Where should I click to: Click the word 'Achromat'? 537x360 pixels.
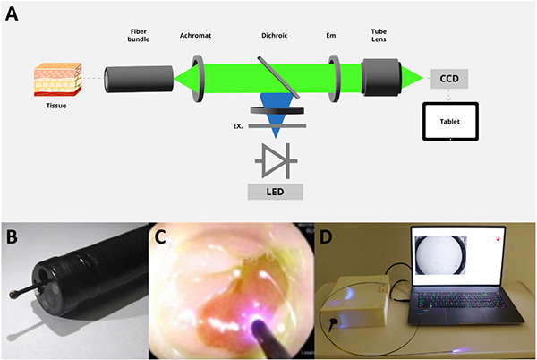[197, 39]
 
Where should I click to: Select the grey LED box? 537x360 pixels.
[276, 192]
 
